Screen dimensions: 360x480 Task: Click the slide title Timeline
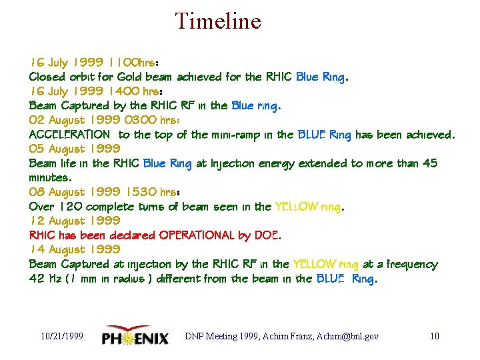pos(218,21)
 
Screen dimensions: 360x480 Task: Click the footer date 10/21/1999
pos(61,336)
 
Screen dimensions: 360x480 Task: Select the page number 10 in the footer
pos(434,336)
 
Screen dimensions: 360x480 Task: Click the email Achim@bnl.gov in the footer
pos(349,336)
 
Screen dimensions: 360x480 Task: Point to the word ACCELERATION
pos(69,135)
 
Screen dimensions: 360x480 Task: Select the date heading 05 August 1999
pos(74,149)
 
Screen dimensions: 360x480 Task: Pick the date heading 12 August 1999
pos(74,221)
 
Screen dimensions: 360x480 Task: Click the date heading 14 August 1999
pos(74,249)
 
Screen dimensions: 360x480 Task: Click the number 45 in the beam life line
pos(430,163)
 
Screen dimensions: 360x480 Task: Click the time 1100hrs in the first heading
pos(136,63)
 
